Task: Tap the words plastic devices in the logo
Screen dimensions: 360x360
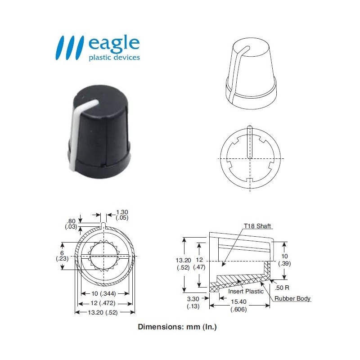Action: coord(114,58)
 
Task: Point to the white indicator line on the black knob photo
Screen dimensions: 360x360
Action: coord(76,130)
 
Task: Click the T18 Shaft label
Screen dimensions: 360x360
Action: coord(257,226)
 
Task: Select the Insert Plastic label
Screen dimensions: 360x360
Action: coord(246,291)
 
